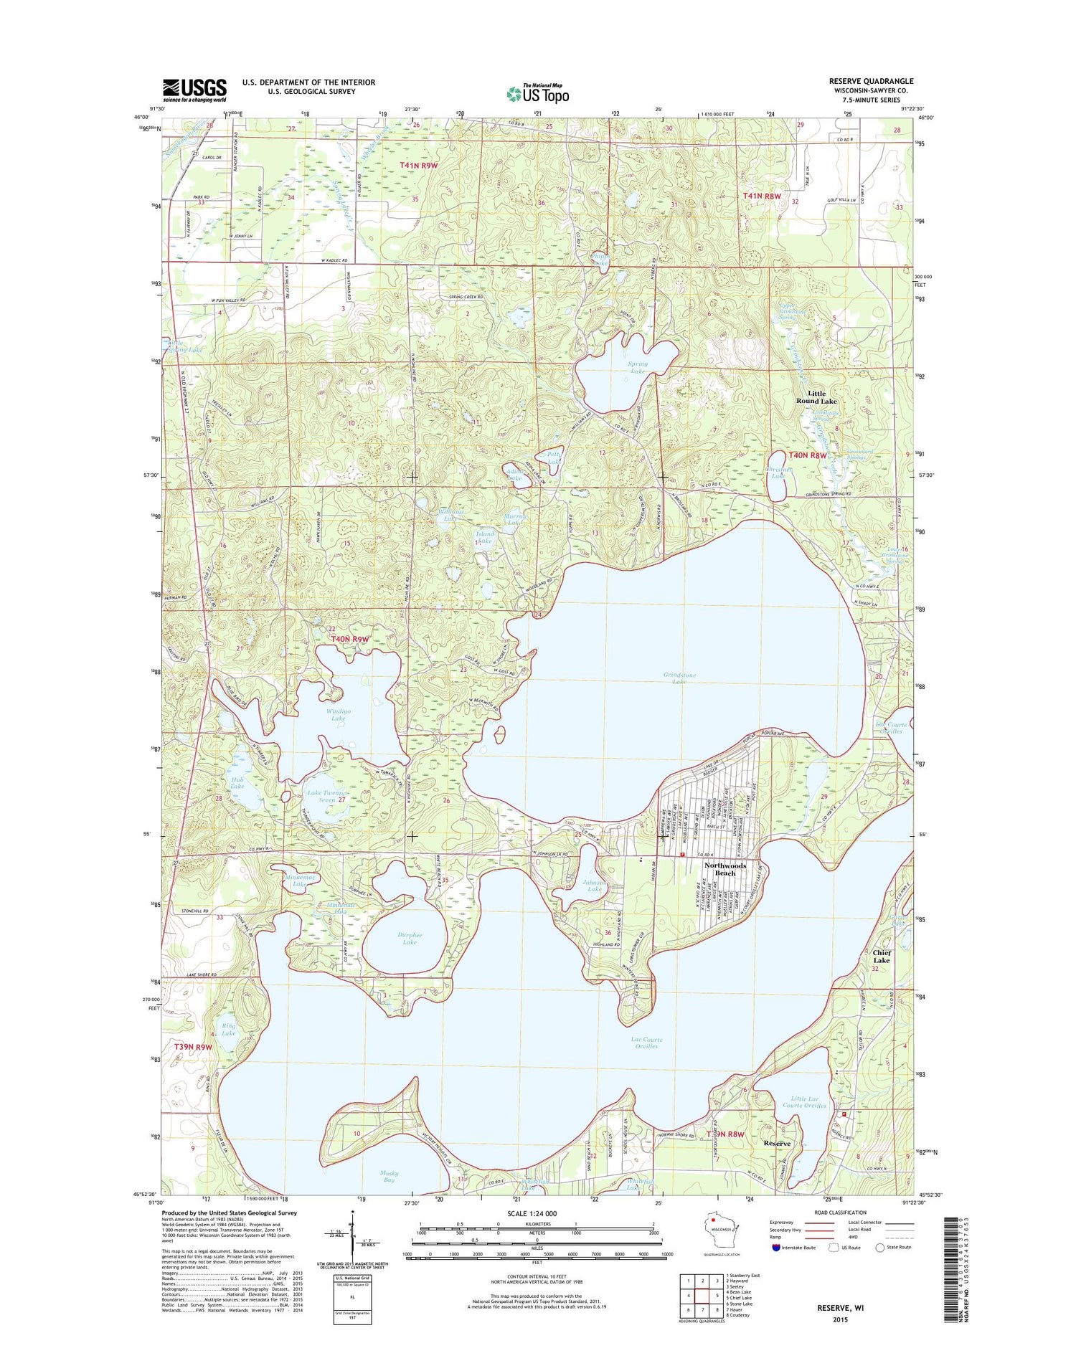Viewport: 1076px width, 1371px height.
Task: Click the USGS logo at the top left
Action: [x=194, y=89]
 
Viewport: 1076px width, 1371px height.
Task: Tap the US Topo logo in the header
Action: [x=538, y=93]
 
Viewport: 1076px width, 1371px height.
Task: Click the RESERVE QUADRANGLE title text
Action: [x=871, y=81]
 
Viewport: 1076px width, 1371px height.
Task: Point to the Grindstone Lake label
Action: [x=679, y=678]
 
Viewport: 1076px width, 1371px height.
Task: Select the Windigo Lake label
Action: [x=338, y=713]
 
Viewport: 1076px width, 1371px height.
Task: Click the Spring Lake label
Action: [x=638, y=368]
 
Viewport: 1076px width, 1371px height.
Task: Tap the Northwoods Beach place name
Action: [x=725, y=869]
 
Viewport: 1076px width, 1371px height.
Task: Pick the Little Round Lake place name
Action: [x=816, y=397]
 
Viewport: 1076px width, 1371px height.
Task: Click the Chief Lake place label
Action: [x=882, y=956]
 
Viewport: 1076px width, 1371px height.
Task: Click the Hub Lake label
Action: [x=237, y=782]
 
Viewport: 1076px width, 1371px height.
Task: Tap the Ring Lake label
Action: [x=228, y=1029]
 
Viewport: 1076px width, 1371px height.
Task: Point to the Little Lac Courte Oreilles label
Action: [x=808, y=1101]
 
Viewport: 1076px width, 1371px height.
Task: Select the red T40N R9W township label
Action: [x=349, y=638]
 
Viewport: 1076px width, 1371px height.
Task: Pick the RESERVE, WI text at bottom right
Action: [x=840, y=1308]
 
